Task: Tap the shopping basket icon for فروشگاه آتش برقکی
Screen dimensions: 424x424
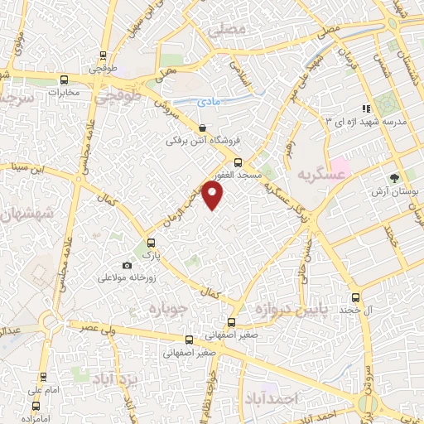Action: coord(204,128)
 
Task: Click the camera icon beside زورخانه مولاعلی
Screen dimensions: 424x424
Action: coord(126,265)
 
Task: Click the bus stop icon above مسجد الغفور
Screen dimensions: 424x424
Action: coord(238,162)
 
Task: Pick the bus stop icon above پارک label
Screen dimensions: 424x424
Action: coord(151,243)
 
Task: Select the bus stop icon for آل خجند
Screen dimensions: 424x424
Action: coord(356,296)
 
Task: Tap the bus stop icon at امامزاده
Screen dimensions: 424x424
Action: coord(36,407)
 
